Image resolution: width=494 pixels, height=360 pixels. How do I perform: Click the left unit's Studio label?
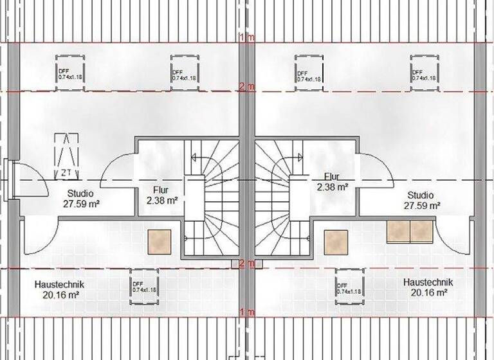pos(80,198)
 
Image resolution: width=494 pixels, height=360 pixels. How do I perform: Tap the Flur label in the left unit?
pos(161,195)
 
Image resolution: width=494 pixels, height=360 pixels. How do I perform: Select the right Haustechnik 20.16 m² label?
pos(428,287)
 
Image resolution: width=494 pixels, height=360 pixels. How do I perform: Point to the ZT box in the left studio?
pos(66,156)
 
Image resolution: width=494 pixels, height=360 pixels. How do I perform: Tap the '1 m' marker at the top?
pos(247,39)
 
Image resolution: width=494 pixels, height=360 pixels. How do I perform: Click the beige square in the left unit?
pos(159,241)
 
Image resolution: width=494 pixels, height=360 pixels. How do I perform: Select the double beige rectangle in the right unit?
pos(410,231)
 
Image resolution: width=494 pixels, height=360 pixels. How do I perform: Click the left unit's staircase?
pos(212,199)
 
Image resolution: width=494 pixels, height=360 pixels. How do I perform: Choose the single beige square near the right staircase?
pos(336,242)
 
